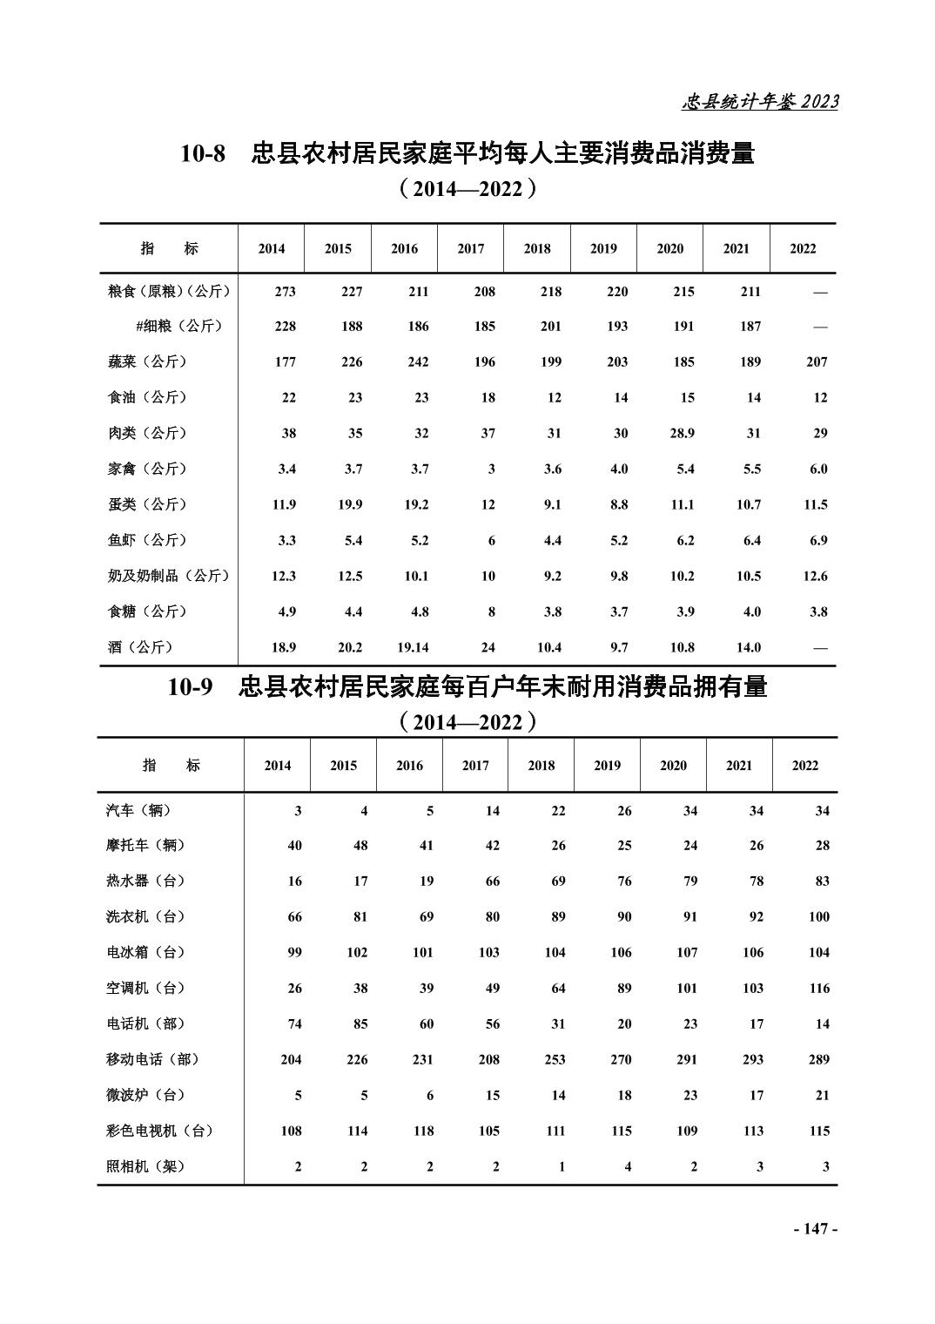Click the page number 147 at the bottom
pos(815,1228)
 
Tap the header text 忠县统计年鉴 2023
pos(759,102)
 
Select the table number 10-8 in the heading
pos(203,154)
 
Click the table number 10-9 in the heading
pos(191,687)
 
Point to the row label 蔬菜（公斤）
pos(147,361)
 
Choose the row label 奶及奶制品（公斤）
pos(168,576)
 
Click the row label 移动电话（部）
pos(152,1059)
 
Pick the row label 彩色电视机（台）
pos(159,1131)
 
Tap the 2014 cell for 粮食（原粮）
pos(285,292)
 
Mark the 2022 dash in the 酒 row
pos(819,647)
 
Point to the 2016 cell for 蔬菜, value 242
pos(418,361)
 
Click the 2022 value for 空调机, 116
pos(818,988)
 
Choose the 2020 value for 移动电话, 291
pos(687,1059)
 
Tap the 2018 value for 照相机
pos(562,1166)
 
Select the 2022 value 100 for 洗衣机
pos(818,916)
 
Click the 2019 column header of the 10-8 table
pos(603,248)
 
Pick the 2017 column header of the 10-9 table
pos(475,766)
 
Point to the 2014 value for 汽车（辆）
pos(298,810)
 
